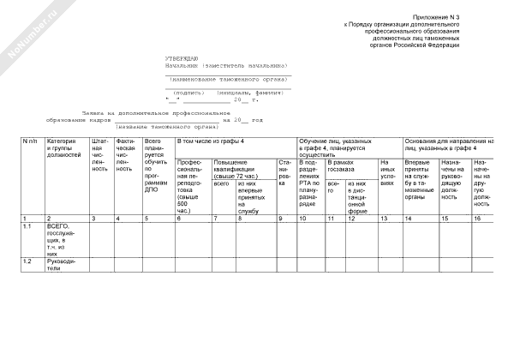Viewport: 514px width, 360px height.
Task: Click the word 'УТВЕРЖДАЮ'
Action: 182,57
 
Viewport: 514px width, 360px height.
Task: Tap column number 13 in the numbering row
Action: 383,219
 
